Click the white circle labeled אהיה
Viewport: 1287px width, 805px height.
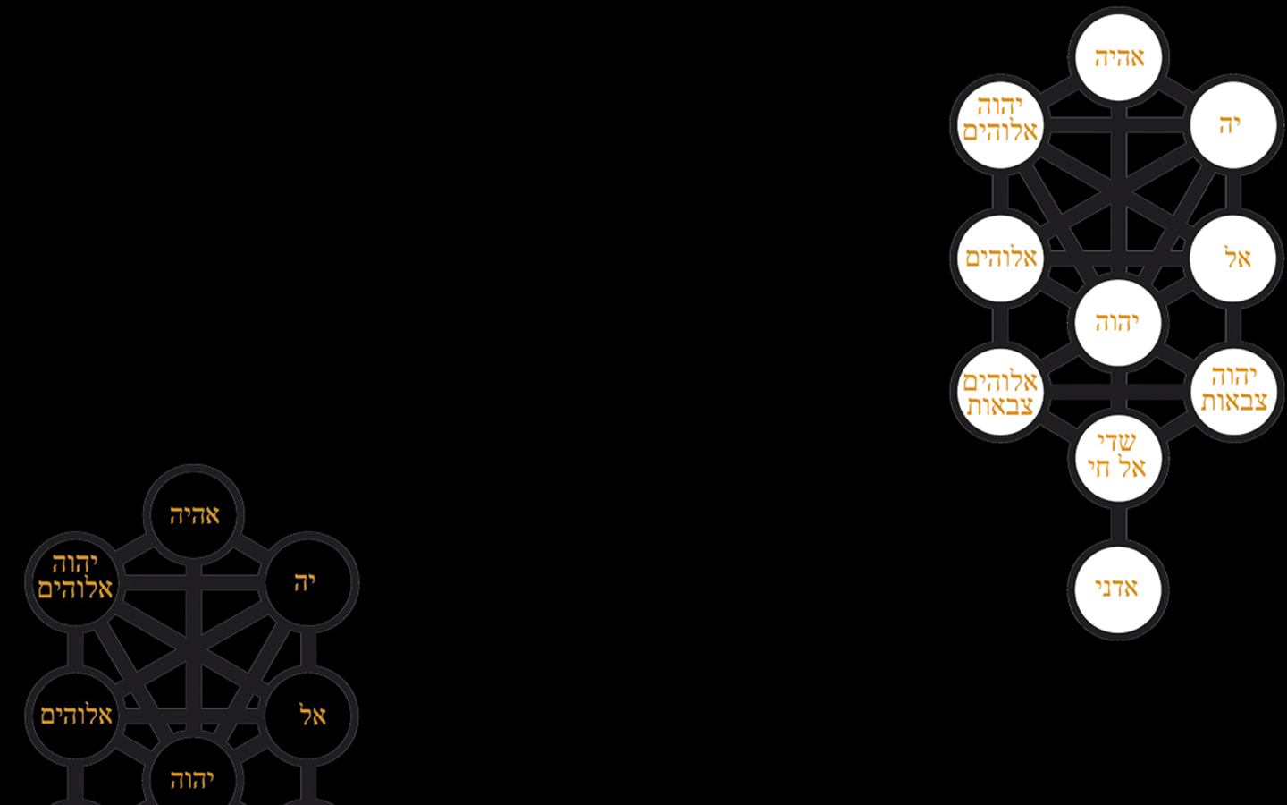pos(1118,57)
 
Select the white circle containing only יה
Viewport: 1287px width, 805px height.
pos(1233,124)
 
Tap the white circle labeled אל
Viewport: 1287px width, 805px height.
pos(1233,258)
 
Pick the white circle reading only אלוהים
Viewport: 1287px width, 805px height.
pos(1000,258)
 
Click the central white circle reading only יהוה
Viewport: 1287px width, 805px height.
pos(1118,323)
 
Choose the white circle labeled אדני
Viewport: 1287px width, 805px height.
pos(1118,589)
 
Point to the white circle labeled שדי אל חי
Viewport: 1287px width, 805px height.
pos(1118,458)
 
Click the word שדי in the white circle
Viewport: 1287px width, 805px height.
pos(1116,443)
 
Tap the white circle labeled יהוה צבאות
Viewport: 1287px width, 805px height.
pos(1233,392)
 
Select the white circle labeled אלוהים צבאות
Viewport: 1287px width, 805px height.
pos(1000,392)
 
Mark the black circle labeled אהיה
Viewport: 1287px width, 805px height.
pos(194,514)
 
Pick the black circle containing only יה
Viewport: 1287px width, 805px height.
pos(308,581)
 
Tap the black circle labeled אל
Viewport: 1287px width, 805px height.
pos(308,716)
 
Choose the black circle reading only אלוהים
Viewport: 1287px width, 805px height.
pos(75,716)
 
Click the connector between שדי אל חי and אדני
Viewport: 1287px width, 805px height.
pos(1118,524)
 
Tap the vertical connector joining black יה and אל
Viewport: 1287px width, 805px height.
pos(308,648)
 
